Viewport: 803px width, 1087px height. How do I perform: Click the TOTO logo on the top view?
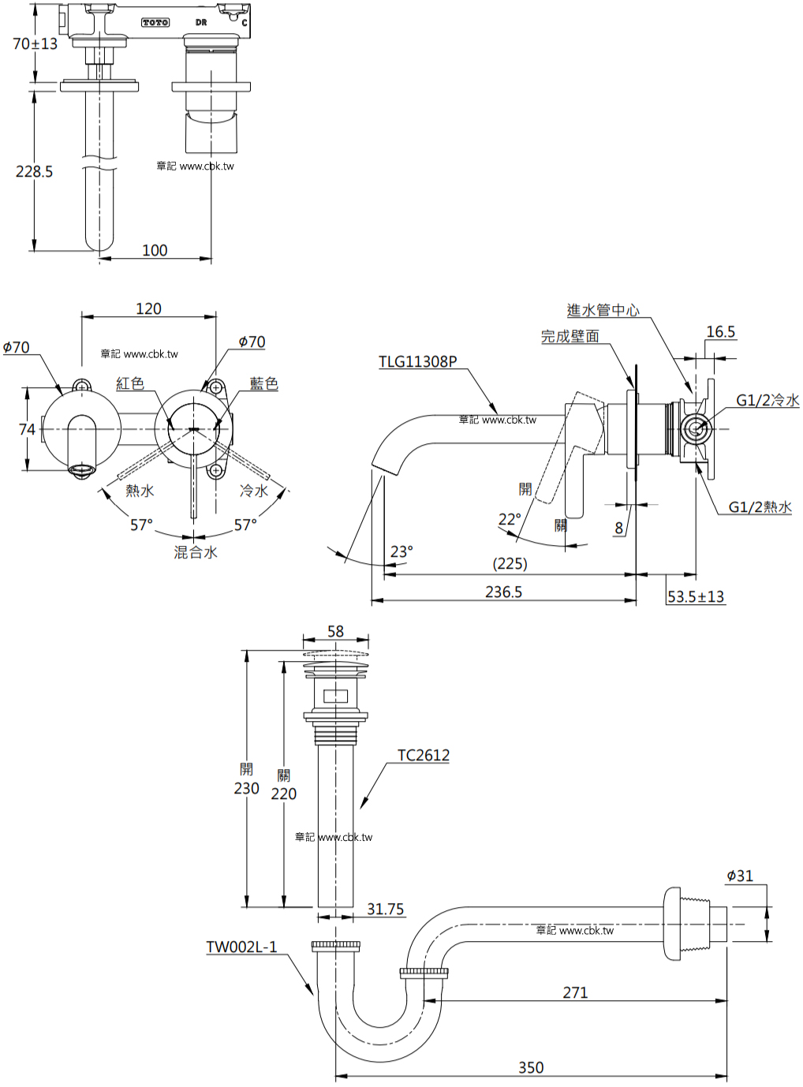tap(155, 23)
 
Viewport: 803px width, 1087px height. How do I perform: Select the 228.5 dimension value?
tap(34, 171)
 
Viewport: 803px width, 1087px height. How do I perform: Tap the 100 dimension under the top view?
tap(155, 250)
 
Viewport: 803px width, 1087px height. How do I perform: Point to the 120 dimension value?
tap(148, 308)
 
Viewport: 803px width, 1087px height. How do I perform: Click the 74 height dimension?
tap(27, 429)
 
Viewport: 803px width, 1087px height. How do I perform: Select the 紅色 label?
tap(130, 383)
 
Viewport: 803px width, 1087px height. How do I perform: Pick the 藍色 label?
tap(263, 383)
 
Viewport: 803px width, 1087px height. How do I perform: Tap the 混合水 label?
tap(195, 552)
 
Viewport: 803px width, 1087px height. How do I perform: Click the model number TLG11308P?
tap(418, 362)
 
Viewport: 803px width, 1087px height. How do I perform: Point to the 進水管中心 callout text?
tap(603, 310)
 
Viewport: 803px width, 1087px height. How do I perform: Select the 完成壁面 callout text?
tap(570, 336)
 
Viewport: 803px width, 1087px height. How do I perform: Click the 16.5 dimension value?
tap(721, 332)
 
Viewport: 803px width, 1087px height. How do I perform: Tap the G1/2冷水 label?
tap(768, 401)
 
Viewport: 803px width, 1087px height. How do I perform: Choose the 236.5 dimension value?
tap(503, 592)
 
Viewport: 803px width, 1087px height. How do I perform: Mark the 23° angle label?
tap(401, 552)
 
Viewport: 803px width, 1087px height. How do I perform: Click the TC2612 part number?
tap(424, 755)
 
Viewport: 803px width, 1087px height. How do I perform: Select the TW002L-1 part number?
tap(241, 947)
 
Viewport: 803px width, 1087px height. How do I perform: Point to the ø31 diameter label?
tap(740, 876)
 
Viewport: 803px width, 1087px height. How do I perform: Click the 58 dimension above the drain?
tap(336, 631)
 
